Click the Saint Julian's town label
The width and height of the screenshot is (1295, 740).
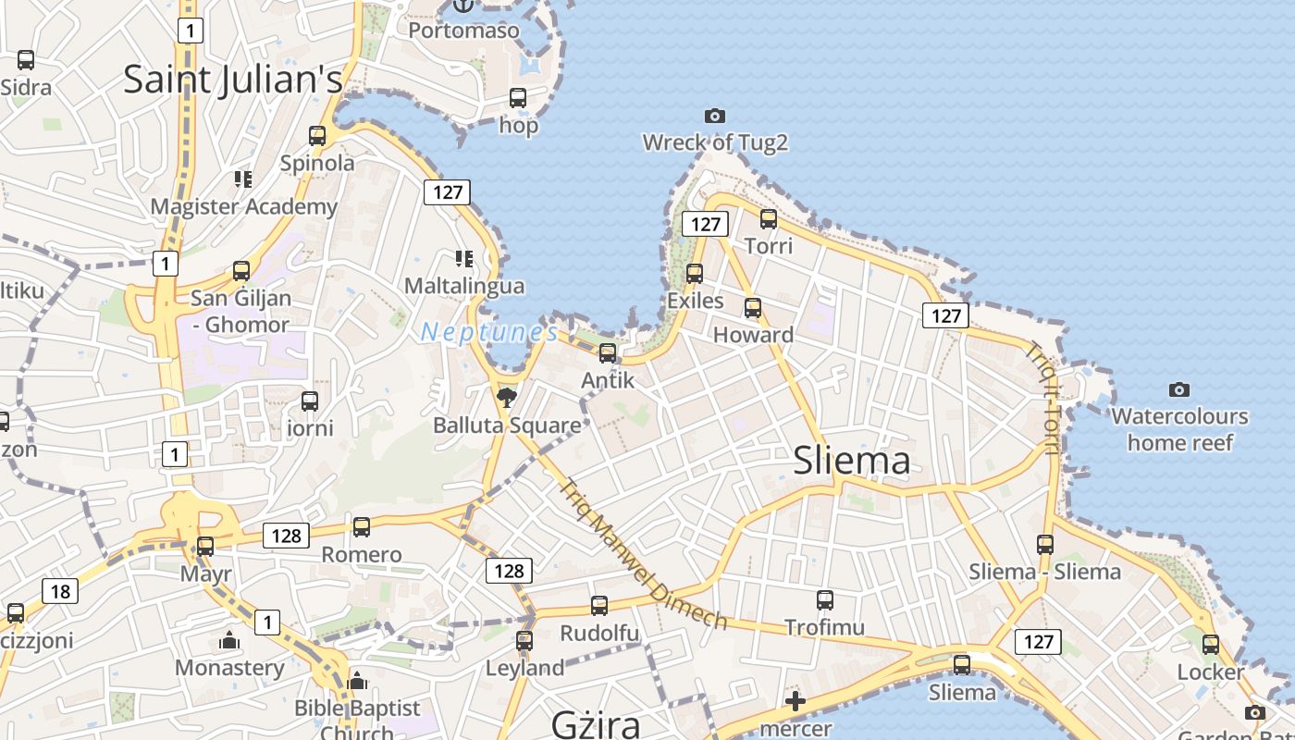click(233, 79)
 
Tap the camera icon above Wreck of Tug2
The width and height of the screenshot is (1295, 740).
click(714, 116)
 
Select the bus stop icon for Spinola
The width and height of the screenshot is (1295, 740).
click(317, 136)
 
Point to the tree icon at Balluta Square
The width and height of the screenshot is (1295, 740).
click(506, 398)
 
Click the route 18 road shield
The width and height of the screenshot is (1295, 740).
click(59, 591)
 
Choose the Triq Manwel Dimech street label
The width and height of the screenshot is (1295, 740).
click(644, 554)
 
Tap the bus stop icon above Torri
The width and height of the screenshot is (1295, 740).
click(769, 219)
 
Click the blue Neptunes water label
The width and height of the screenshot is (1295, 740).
click(489, 332)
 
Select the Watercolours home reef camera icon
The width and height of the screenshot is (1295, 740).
click(1178, 389)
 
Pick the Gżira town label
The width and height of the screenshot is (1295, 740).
click(596, 722)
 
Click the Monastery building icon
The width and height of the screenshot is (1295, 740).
click(229, 640)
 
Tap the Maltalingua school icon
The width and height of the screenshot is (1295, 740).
click(463, 259)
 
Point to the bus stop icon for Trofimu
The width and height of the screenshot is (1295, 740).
click(825, 600)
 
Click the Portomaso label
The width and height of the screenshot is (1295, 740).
click(463, 31)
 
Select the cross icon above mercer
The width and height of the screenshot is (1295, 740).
click(795, 701)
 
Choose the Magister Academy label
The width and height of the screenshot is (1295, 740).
click(243, 206)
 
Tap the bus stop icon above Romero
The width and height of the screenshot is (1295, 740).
click(362, 527)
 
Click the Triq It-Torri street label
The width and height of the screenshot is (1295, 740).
click(1042, 398)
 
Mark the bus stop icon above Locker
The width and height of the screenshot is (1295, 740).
click(1211, 645)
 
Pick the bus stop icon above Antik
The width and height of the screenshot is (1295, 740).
click(608, 353)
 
